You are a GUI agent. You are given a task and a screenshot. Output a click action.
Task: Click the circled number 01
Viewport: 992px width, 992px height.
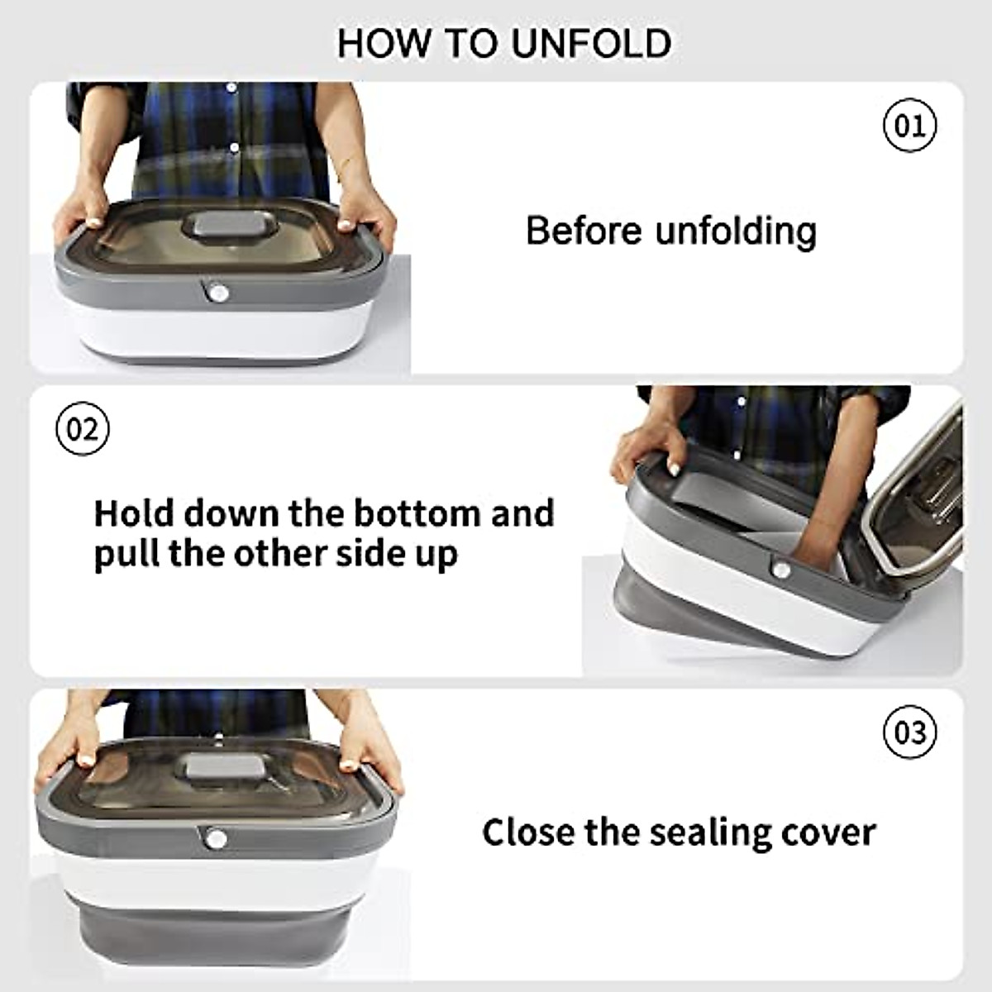[x=910, y=126]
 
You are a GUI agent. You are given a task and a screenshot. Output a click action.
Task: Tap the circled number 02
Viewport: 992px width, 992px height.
[x=82, y=429]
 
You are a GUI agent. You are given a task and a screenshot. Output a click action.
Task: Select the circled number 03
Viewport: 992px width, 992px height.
[x=910, y=732]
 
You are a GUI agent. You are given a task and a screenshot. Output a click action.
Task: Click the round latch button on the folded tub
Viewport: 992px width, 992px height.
[x=218, y=293]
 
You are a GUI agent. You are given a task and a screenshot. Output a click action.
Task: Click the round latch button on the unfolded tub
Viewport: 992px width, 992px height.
[x=216, y=839]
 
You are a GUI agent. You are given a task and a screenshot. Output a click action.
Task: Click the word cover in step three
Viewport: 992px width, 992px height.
[x=832, y=832]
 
